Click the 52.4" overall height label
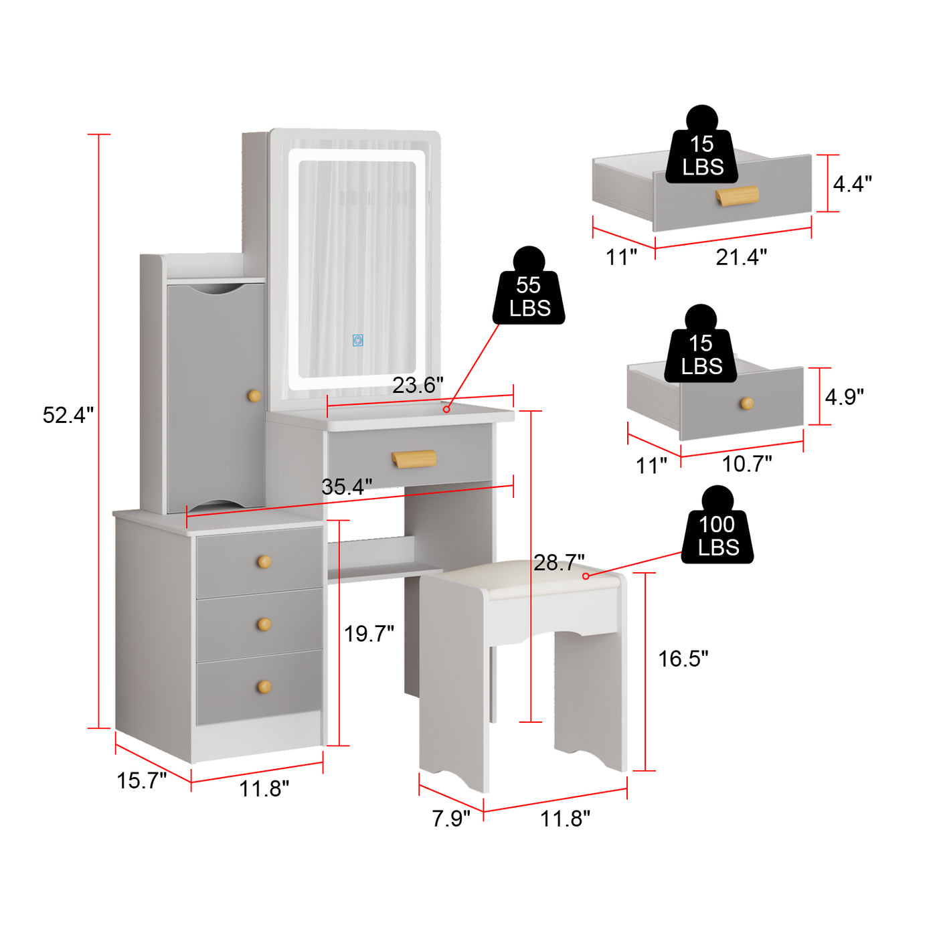pos(68,415)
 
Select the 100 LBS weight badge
pos(717,525)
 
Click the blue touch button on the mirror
pos(358,340)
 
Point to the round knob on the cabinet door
pos(254,396)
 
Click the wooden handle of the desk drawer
pos(414,458)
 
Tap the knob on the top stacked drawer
pos(264,562)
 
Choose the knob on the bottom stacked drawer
pos(264,687)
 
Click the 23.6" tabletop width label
pos(418,385)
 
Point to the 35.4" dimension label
pos(347,487)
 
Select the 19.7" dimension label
pos(369,634)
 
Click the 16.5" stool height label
pos(683,659)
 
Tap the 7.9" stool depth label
pos(451,819)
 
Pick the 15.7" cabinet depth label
pos(141,780)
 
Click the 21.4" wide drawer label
pos(741,257)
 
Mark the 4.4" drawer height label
pos(853,184)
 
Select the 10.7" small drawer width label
pos(747,464)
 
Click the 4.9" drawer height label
pos(844,397)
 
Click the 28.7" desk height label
pos(559,563)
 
